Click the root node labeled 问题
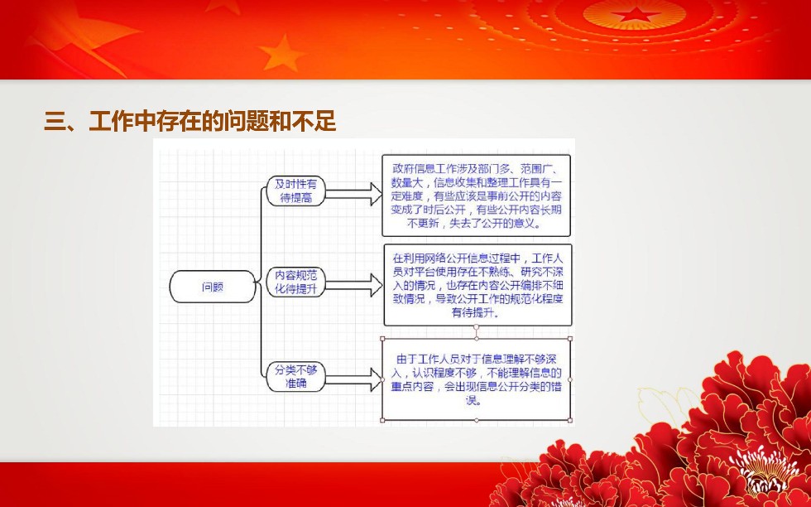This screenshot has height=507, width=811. (x=213, y=287)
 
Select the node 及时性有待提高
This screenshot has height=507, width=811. (x=296, y=191)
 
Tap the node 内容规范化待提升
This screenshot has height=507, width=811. (x=296, y=282)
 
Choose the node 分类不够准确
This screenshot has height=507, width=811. (x=296, y=376)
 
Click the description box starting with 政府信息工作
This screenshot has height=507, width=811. (x=477, y=196)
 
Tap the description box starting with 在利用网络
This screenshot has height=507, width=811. (x=478, y=285)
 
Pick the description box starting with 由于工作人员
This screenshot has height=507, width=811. (x=477, y=379)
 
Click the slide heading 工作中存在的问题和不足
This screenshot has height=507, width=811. (x=213, y=122)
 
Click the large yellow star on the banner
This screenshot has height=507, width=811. (x=281, y=52)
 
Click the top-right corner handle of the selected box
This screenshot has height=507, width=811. (x=570, y=339)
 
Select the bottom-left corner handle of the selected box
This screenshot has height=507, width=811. (x=382, y=420)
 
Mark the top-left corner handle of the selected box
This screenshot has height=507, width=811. (x=382, y=339)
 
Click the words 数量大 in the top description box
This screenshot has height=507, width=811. (x=407, y=182)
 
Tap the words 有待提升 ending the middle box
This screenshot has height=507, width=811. (x=474, y=312)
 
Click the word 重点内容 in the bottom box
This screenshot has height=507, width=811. (x=412, y=386)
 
